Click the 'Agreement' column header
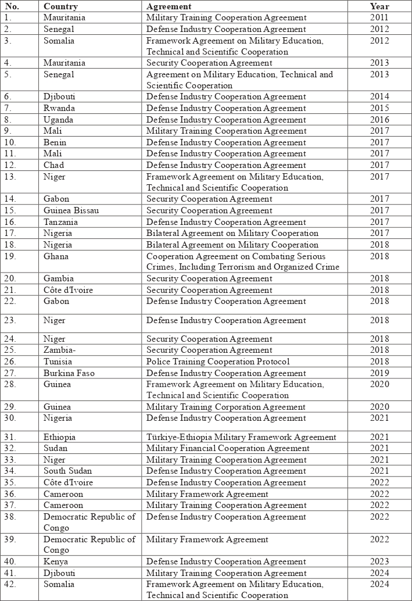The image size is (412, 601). (169, 6)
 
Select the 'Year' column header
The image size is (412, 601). (379, 6)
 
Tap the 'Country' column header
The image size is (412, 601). (60, 6)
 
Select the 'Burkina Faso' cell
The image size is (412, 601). (69, 373)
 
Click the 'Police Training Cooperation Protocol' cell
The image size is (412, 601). (218, 362)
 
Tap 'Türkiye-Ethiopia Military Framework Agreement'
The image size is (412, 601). (241, 437)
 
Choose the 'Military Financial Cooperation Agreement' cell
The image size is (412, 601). (228, 448)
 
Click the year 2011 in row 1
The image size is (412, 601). (379, 17)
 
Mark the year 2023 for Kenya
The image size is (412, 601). (379, 561)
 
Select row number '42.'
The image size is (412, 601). (11, 584)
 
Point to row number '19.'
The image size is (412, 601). (11, 256)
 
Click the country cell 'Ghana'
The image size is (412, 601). (56, 256)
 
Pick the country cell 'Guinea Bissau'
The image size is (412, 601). (71, 210)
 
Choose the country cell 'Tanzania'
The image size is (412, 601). (61, 222)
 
